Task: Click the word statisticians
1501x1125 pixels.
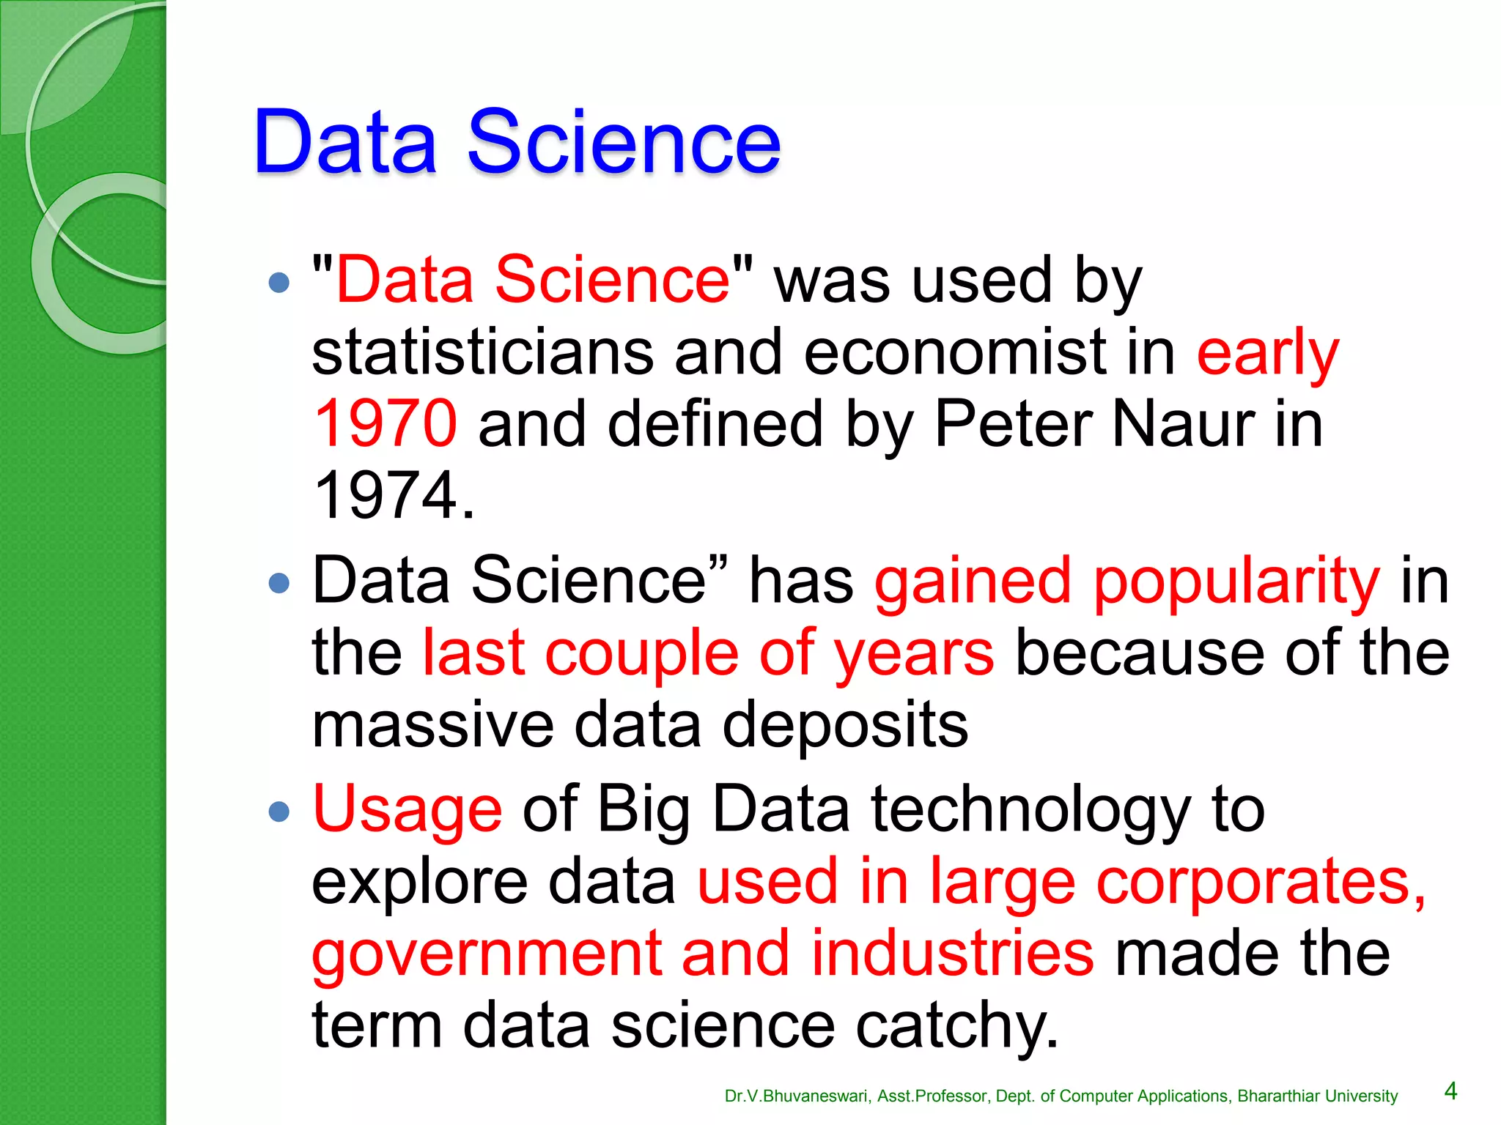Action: click(482, 352)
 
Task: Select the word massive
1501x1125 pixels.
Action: click(432, 724)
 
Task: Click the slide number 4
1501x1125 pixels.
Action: click(1450, 1091)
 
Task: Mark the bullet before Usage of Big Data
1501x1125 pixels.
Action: click(279, 811)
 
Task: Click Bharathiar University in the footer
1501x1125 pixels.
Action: click(1317, 1096)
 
